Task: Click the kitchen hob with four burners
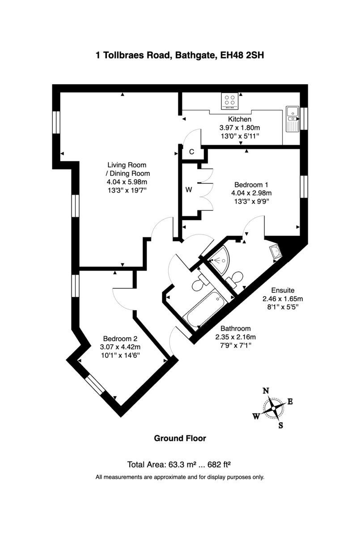(x=230, y=101)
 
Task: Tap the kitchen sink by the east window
(x=292, y=119)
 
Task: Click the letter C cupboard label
(x=191, y=152)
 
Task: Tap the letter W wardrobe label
(x=189, y=189)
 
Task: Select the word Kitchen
(x=240, y=119)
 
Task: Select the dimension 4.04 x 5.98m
(x=127, y=182)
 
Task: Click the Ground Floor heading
(x=180, y=438)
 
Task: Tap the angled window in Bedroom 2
(x=95, y=385)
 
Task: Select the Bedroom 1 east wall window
(x=304, y=186)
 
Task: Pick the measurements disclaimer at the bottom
(x=180, y=477)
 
